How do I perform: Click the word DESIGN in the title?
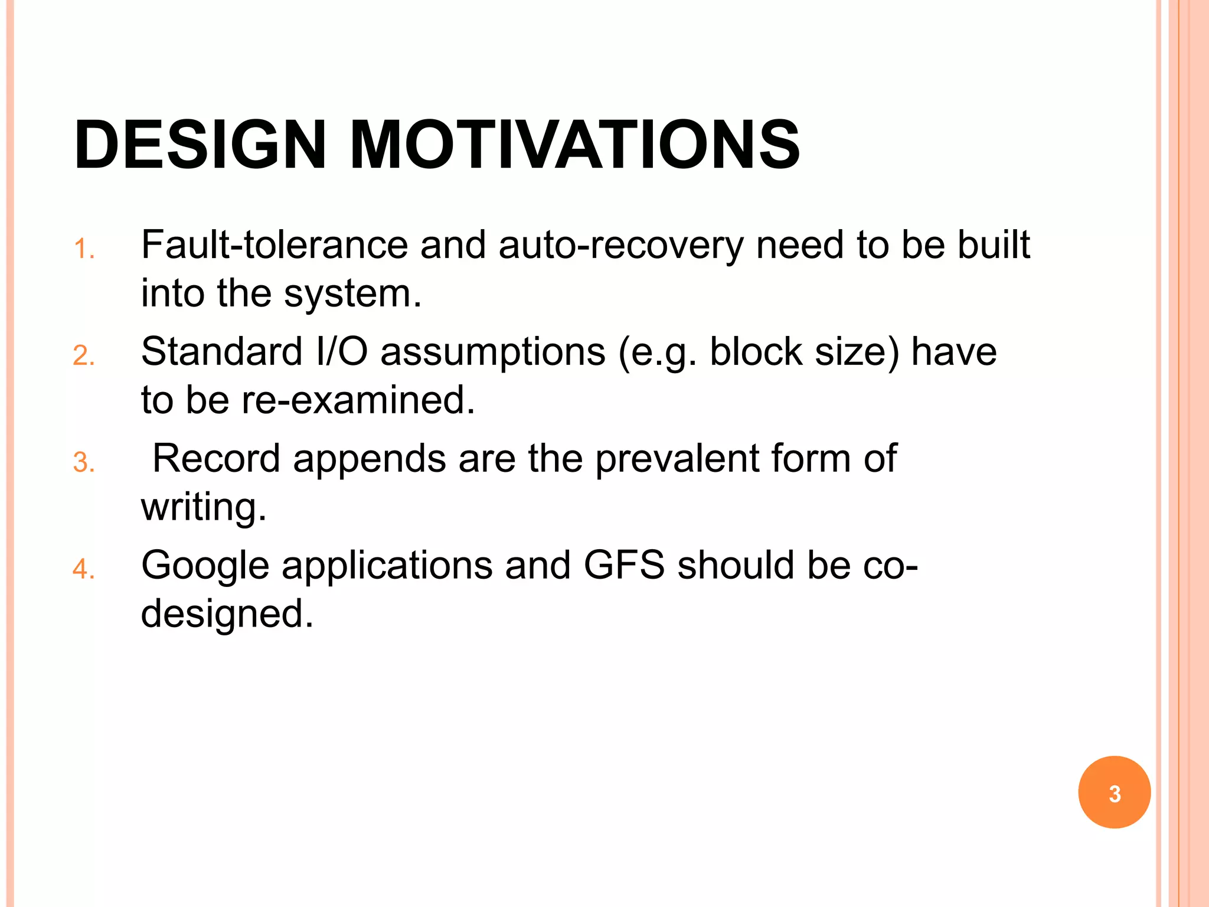(x=200, y=145)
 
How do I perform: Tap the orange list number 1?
(x=83, y=249)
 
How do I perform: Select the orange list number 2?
(x=83, y=356)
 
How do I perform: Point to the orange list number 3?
(x=83, y=462)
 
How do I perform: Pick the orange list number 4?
(x=83, y=569)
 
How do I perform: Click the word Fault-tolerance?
(x=275, y=244)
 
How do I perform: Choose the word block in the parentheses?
(x=756, y=352)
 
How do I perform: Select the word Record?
(x=216, y=458)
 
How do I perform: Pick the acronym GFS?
(x=624, y=565)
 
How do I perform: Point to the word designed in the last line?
(x=227, y=614)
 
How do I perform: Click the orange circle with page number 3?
(x=1114, y=792)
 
